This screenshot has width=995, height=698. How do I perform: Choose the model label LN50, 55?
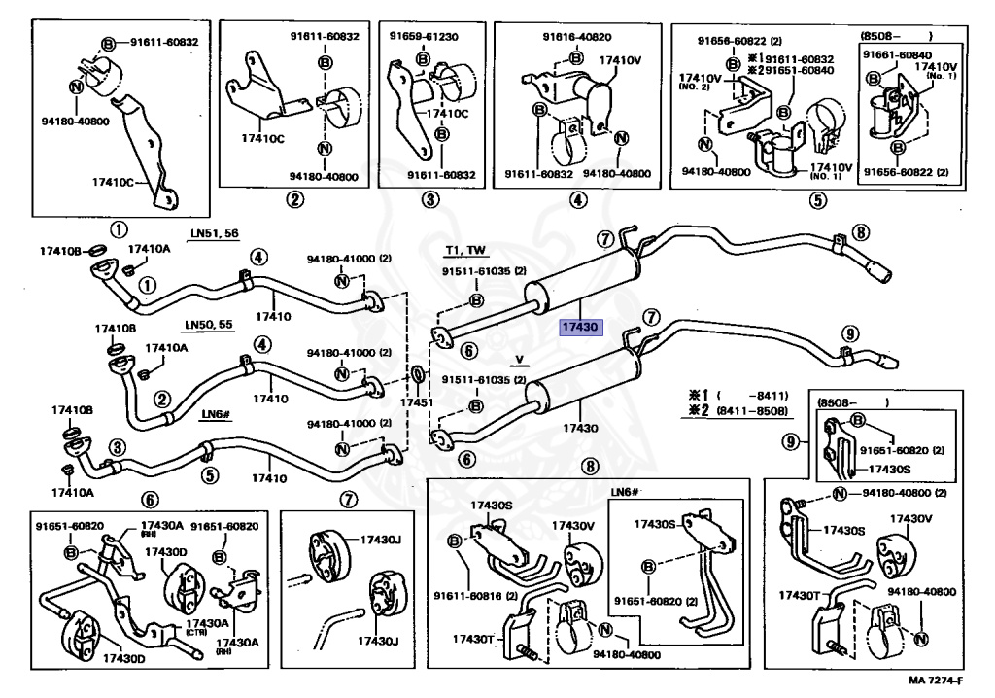click(208, 323)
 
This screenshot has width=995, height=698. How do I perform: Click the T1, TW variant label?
click(465, 250)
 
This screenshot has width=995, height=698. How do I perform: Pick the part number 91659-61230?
click(426, 36)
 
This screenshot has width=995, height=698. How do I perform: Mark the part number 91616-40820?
click(577, 37)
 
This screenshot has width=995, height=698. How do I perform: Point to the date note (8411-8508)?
click(754, 412)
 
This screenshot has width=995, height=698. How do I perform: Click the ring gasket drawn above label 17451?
click(418, 375)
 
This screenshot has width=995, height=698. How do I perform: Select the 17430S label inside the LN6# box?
click(655, 524)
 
